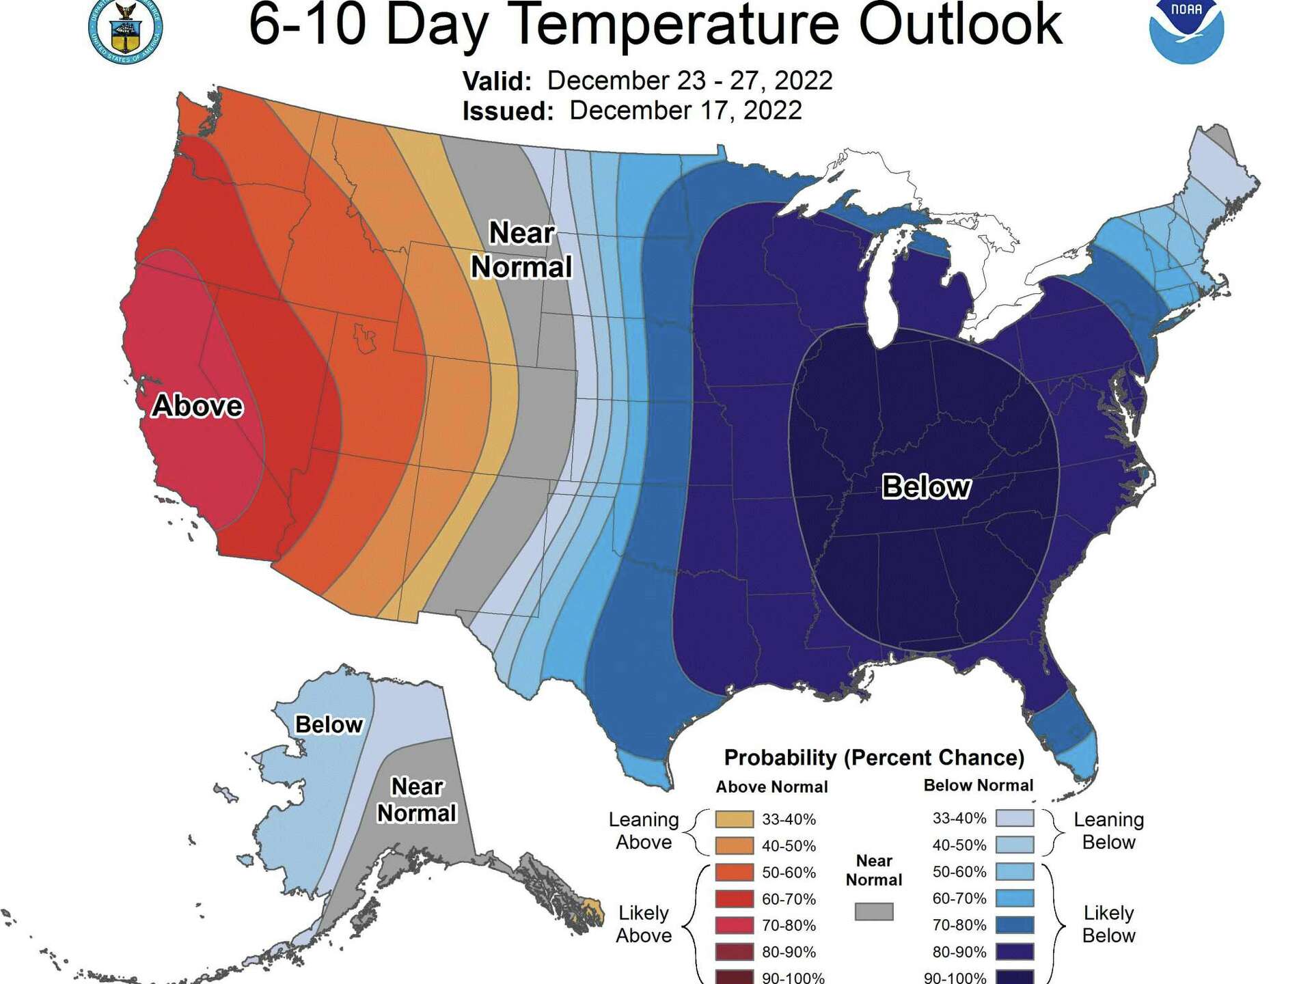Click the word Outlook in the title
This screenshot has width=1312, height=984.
[960, 24]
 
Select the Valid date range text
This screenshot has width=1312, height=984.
[689, 81]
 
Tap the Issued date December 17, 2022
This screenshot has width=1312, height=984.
[685, 111]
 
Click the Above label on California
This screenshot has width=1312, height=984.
[197, 406]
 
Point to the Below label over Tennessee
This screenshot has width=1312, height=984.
[926, 487]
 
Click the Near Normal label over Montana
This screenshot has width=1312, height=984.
[521, 250]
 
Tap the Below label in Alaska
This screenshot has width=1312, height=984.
[329, 724]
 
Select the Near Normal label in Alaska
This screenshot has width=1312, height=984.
[417, 800]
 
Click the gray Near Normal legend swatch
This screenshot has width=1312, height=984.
[874, 912]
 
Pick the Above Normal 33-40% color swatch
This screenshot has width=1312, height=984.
[735, 819]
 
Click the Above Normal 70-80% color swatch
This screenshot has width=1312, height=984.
[735, 925]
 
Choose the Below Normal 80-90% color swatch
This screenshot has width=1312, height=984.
[1015, 951]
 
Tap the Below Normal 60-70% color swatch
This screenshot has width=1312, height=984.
[1015, 898]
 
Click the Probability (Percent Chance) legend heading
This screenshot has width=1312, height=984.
[874, 758]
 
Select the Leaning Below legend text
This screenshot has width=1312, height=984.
[1108, 830]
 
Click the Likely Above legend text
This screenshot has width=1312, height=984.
[643, 924]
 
